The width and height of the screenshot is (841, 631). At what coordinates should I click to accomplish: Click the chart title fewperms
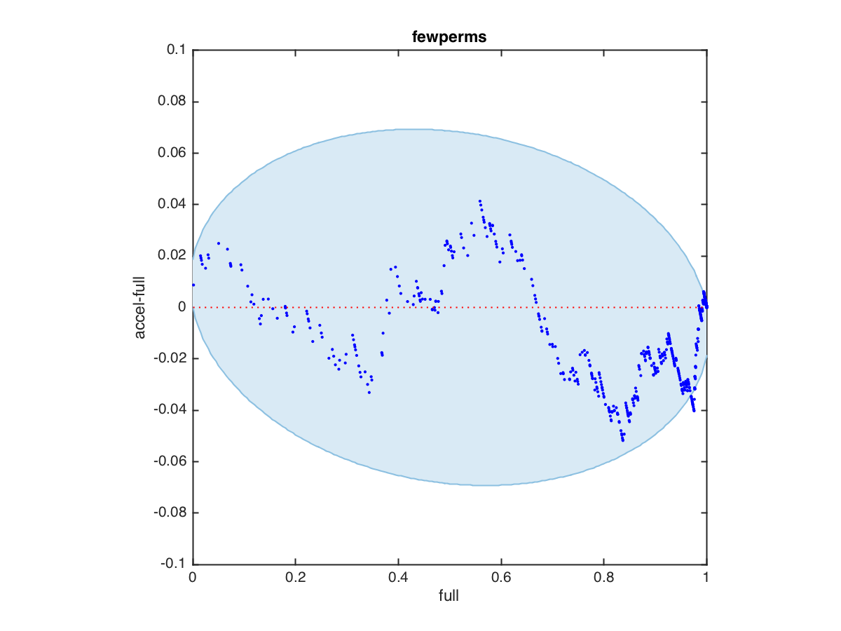tap(449, 37)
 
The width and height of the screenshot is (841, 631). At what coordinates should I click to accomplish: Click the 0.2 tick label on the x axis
tap(295, 578)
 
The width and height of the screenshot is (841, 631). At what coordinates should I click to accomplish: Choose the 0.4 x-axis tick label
tap(398, 578)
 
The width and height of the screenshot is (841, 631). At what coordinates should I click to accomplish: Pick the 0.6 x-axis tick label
tap(501, 578)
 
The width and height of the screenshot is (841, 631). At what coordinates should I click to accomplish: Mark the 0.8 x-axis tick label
tap(603, 578)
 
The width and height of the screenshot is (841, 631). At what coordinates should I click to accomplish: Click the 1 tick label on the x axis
tap(706, 578)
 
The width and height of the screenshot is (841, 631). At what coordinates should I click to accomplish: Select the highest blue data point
tap(479, 201)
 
